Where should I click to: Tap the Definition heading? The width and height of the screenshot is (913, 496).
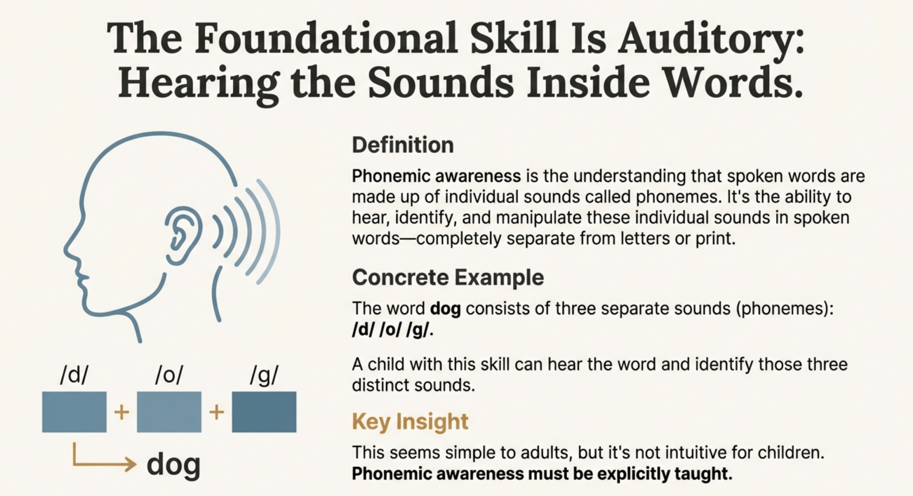pyautogui.click(x=403, y=145)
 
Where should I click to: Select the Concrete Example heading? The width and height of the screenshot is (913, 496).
pyautogui.click(x=448, y=277)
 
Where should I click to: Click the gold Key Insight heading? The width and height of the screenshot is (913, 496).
pyautogui.click(x=410, y=422)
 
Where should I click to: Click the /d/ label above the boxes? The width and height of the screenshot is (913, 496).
pyautogui.click(x=74, y=375)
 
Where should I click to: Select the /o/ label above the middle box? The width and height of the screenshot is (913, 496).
pyautogui.click(x=169, y=375)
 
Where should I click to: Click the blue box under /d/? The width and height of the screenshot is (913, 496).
pyautogui.click(x=74, y=412)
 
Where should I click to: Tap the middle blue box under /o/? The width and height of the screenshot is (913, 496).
pyautogui.click(x=169, y=412)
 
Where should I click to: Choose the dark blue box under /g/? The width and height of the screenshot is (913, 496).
pyautogui.click(x=264, y=412)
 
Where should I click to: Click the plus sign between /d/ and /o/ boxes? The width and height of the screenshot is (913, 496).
pyautogui.click(x=122, y=413)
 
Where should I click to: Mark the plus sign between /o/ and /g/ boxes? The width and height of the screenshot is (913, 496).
pyautogui.click(x=216, y=413)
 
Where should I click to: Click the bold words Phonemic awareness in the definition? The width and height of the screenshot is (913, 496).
pyautogui.click(x=437, y=176)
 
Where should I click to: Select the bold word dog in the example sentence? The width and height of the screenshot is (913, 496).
pyautogui.click(x=445, y=309)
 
